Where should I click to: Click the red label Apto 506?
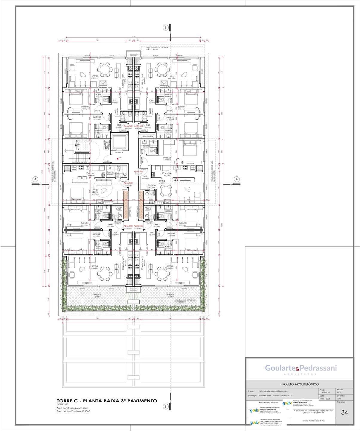point(138,172)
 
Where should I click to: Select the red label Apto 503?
point(128,183)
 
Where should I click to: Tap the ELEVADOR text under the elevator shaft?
point(119,153)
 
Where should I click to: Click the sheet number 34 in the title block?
point(344,412)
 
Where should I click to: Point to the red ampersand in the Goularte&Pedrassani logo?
point(298,368)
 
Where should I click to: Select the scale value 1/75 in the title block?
point(339,392)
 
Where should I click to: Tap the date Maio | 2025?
point(325,399)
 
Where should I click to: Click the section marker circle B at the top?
point(165,28)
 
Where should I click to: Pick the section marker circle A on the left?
point(35,179)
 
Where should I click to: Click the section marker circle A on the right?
point(237,179)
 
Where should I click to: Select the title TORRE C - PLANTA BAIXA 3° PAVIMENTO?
point(107,401)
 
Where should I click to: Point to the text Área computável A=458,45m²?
point(73,412)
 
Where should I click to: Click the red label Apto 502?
point(128,126)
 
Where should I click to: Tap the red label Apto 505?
point(138,226)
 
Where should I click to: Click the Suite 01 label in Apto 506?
point(167,157)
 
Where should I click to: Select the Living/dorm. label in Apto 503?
point(95,191)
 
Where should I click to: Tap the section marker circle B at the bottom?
point(165,406)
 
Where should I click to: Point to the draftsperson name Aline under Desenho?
point(339,399)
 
